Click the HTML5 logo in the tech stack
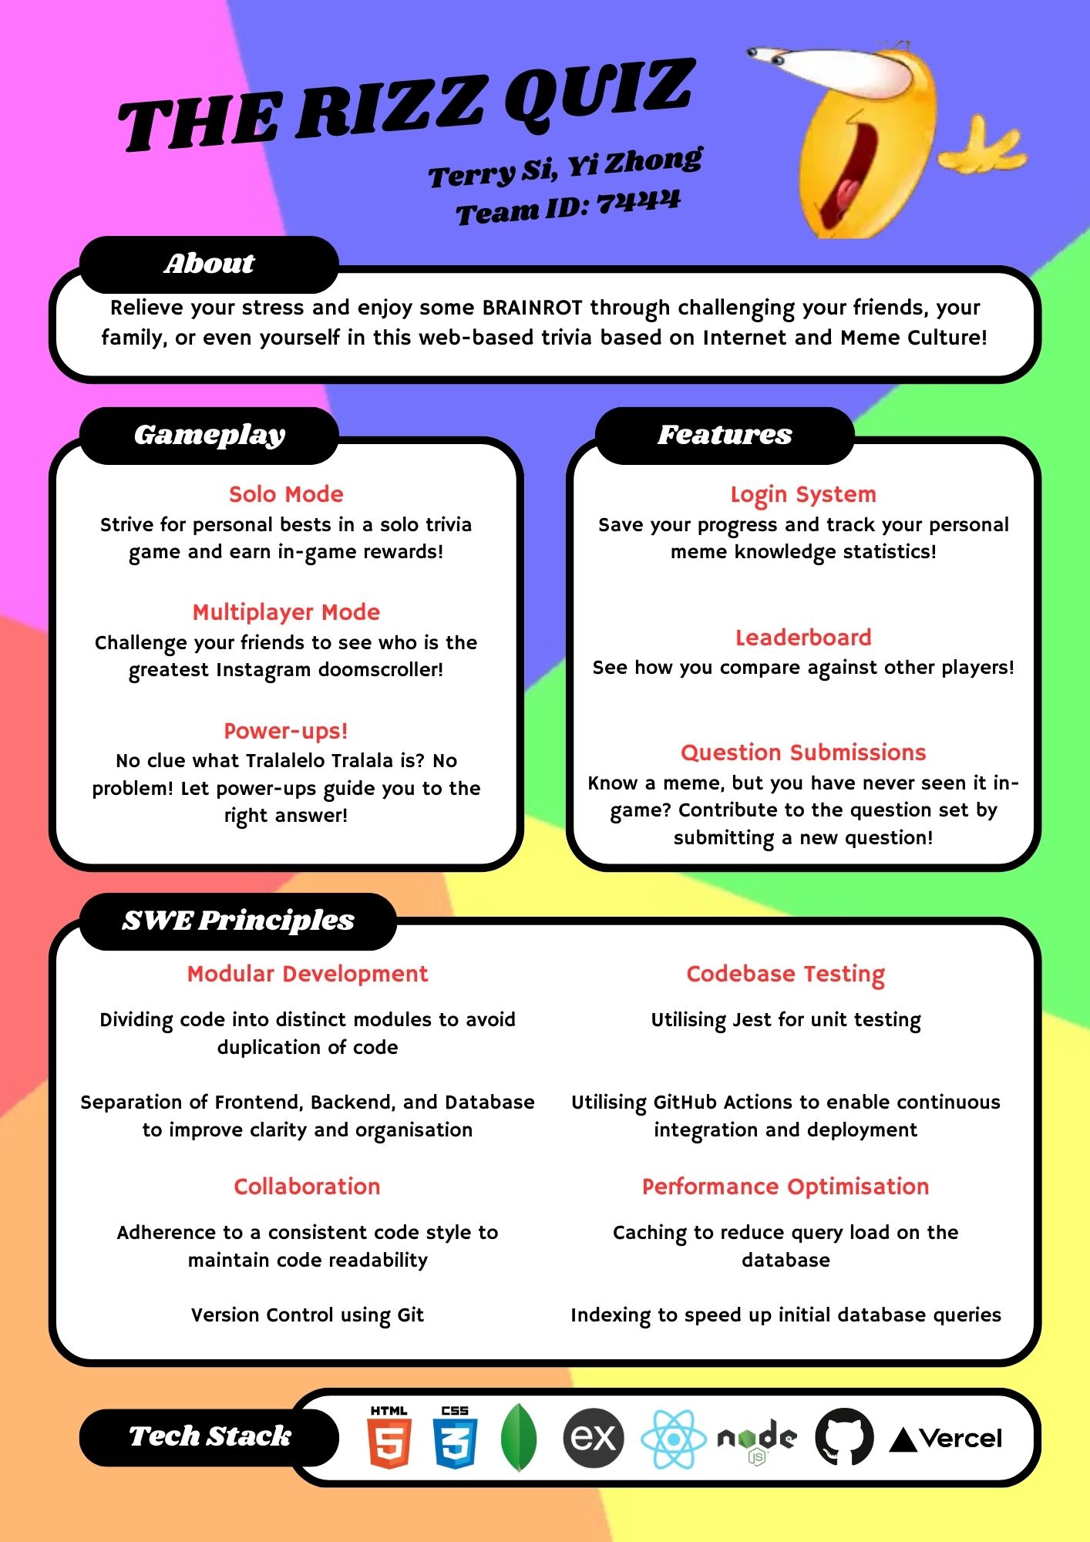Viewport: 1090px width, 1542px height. point(389,1437)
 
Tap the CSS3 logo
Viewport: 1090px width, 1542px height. point(455,1437)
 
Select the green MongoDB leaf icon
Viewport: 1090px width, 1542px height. point(519,1438)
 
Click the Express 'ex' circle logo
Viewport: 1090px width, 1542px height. point(593,1438)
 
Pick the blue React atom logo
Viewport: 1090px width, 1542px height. point(674,1439)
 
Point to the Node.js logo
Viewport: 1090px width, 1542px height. point(757,1440)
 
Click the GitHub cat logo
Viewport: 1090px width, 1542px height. point(844,1437)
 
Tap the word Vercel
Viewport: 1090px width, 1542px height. point(960,1439)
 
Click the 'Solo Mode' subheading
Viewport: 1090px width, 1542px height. point(286,494)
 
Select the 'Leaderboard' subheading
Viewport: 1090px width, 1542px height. point(803,638)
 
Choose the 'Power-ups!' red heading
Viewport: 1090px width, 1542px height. point(286,731)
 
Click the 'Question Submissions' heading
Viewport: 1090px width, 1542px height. point(803,752)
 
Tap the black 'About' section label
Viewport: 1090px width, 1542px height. point(209,264)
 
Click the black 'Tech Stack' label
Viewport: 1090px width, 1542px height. point(209,1437)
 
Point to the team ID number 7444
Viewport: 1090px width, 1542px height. point(638,202)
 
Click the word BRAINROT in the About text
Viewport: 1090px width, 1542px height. point(533,308)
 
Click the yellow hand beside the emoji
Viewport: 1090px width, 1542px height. point(983,146)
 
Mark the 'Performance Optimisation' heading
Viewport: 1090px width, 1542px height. point(786,1187)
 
